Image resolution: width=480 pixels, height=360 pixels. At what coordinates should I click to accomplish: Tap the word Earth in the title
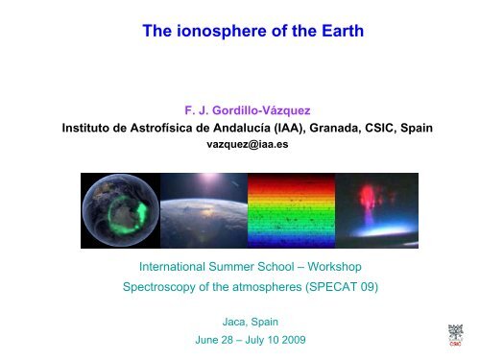coord(343,31)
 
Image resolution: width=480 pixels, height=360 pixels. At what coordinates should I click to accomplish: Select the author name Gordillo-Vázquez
coord(261,110)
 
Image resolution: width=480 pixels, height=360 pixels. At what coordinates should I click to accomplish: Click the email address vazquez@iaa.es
coord(248,144)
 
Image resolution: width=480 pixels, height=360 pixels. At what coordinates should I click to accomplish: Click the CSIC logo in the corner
coord(455,335)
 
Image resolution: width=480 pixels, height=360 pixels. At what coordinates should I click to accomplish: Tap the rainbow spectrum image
coord(291,210)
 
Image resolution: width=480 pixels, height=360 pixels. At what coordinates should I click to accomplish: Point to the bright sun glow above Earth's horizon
coord(209,180)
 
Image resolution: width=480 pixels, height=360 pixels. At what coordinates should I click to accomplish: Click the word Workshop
coord(334,267)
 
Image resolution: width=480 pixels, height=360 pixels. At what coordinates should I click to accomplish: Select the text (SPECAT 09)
coord(342,287)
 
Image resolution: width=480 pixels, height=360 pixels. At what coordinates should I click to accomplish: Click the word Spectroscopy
coord(159,287)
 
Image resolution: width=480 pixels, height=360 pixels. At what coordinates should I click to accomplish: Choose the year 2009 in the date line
coord(294,340)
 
